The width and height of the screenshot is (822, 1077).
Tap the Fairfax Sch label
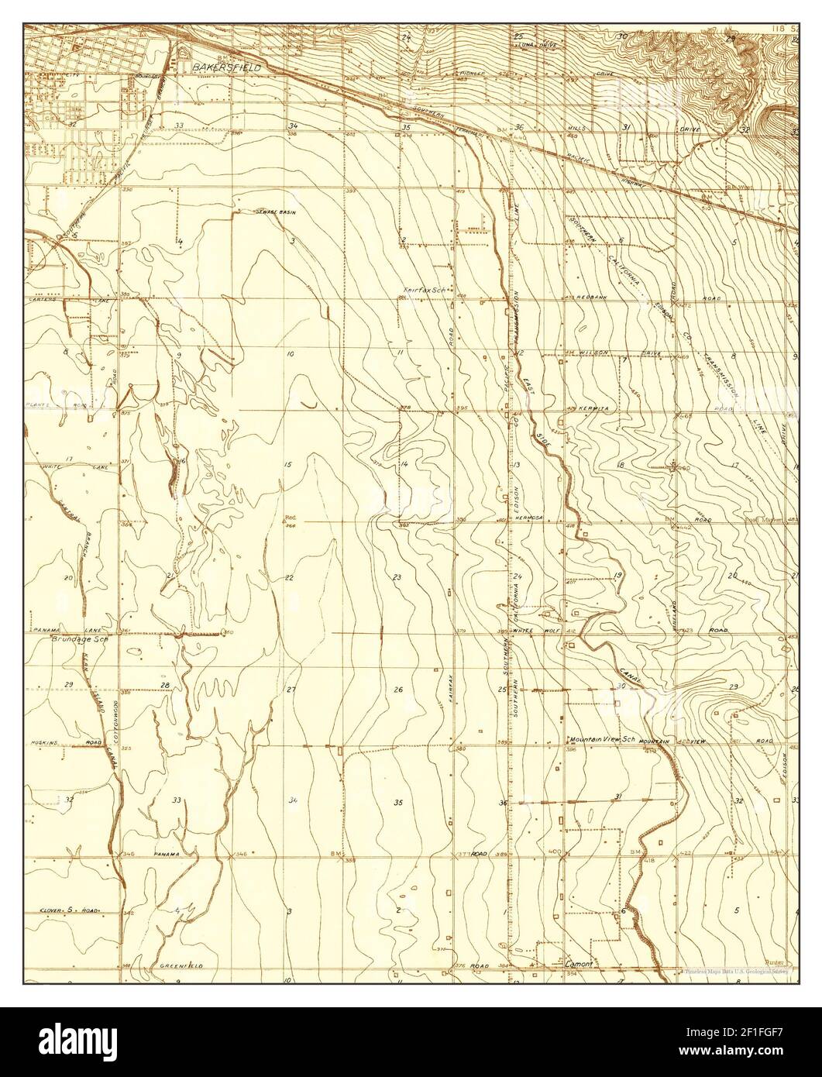[423, 291]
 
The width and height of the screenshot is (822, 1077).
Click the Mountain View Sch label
[602, 740]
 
